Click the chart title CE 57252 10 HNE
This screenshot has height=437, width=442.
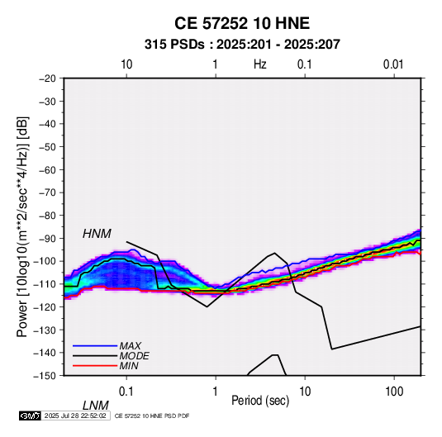[x=242, y=23]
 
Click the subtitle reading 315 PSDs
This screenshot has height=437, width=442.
[x=174, y=45]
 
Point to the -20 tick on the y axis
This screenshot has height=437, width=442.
[x=47, y=78]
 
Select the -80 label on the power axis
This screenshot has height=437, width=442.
[x=47, y=216]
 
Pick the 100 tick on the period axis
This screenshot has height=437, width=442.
[x=394, y=392]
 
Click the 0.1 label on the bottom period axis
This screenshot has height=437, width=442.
[x=126, y=392]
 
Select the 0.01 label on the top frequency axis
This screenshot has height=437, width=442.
[x=393, y=64]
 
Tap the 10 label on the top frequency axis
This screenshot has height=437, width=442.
[x=126, y=64]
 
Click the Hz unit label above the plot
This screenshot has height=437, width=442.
[x=260, y=64]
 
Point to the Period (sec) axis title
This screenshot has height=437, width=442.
[x=260, y=401]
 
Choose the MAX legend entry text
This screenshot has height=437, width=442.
[x=131, y=345]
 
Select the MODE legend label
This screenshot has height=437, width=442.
[x=134, y=356]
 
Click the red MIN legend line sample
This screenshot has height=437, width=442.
[x=95, y=366]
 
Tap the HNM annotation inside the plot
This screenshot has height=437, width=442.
[x=97, y=234]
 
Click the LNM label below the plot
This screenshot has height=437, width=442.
[x=96, y=406]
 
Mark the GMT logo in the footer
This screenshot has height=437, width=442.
[x=31, y=416]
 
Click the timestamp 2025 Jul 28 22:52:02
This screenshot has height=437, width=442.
[x=75, y=416]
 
